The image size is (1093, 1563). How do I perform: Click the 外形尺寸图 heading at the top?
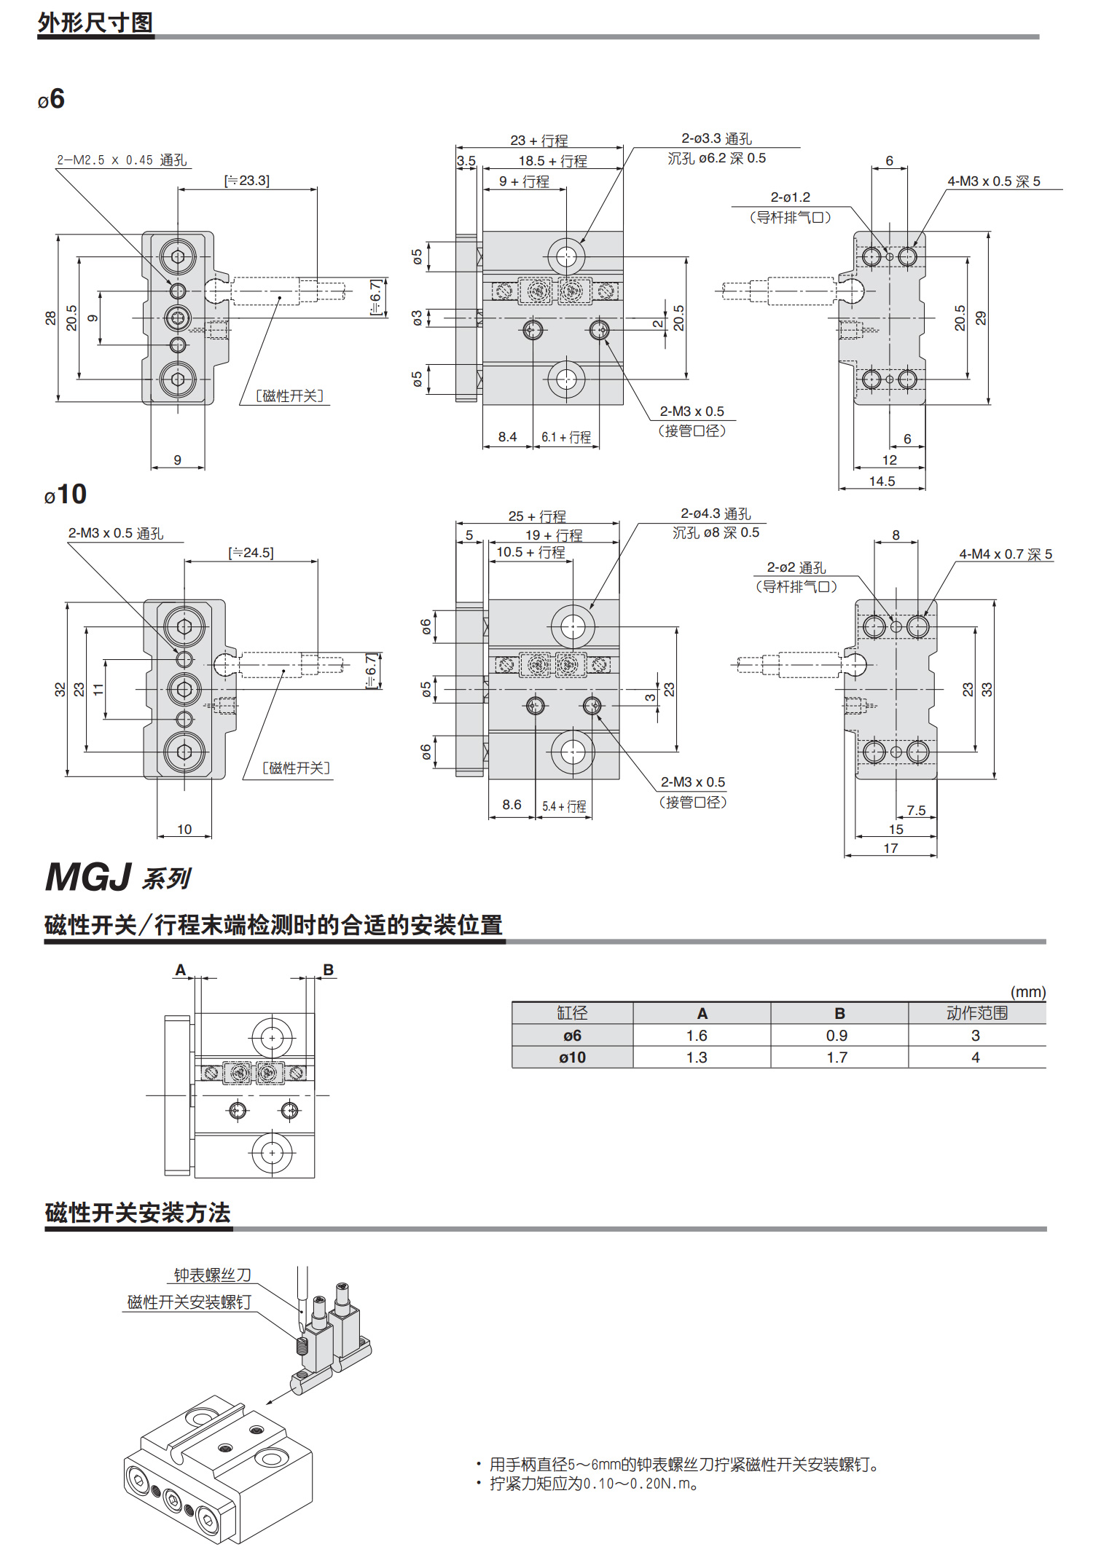pos(95,23)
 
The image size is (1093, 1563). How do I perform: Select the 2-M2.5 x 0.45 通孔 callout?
pos(122,160)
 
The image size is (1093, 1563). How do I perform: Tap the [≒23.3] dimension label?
pos(247,181)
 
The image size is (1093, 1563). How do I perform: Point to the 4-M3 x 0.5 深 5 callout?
pos(993,181)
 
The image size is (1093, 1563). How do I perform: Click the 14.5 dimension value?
pos(882,481)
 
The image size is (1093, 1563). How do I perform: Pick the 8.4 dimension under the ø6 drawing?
pos(507,437)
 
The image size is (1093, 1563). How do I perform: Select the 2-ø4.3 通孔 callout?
pos(716,514)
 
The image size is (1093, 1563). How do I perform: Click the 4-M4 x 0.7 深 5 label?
pos(1006,554)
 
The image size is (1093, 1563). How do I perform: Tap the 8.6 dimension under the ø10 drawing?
pos(512,805)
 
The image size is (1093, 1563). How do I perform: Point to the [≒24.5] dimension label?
pos(251,553)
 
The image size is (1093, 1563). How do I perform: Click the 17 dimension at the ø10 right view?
pos(890,849)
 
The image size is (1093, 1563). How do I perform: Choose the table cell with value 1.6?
pos(697,1036)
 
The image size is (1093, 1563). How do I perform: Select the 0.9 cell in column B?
pos(837,1036)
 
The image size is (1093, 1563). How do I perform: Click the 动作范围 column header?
pos(976,1013)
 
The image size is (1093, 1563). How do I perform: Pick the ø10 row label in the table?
pos(572,1058)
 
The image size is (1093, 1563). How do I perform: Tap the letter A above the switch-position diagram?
pos(181,970)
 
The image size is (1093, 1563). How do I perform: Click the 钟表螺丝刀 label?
pos(212,1275)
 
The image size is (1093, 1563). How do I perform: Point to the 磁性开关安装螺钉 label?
pos(189,1302)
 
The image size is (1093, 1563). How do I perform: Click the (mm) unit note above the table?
pos(1027,992)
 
